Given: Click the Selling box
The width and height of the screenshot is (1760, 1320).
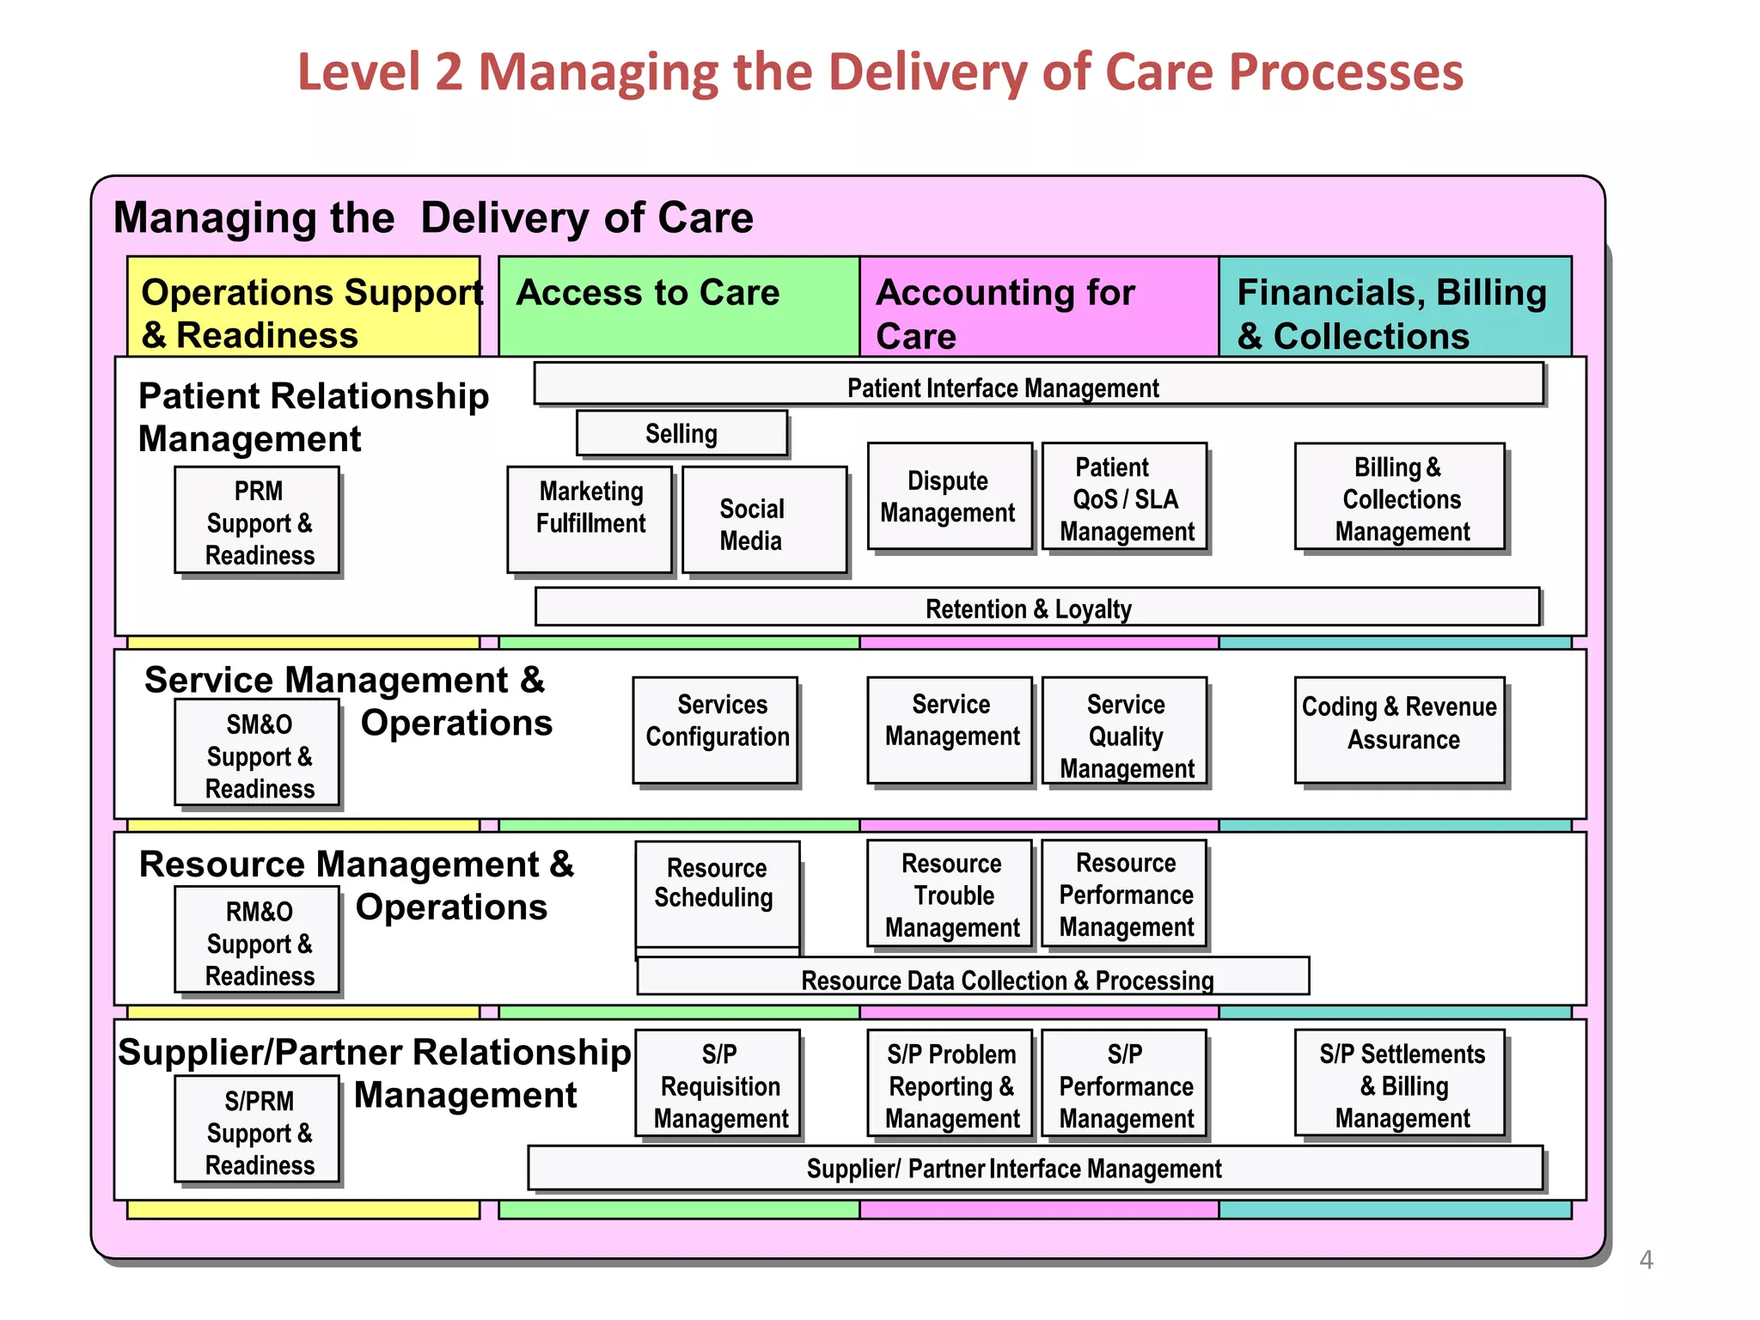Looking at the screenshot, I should click(681, 433).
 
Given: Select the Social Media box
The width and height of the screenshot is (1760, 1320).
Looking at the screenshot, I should click(764, 521).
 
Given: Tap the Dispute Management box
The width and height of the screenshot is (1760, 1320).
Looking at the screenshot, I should click(949, 497).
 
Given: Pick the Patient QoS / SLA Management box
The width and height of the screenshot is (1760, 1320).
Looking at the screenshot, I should click(1125, 498).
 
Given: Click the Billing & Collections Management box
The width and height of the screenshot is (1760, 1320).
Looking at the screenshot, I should click(1400, 498).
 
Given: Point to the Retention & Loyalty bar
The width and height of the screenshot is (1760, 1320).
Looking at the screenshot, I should click(1036, 608).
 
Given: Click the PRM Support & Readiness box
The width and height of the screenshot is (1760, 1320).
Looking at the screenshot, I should click(257, 521).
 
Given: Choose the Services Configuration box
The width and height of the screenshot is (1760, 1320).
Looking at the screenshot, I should click(715, 730).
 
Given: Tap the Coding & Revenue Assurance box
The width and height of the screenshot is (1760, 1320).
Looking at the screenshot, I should click(1400, 730).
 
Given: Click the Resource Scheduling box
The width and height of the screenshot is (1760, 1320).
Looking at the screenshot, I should click(717, 894).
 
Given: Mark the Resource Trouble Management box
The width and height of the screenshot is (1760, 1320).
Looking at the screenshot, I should click(950, 894).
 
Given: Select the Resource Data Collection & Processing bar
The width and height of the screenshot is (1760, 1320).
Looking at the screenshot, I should click(972, 977).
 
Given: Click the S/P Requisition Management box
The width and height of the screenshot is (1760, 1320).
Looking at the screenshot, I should click(718, 1084).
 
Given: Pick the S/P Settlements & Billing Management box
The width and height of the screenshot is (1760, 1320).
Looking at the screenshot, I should click(1400, 1084).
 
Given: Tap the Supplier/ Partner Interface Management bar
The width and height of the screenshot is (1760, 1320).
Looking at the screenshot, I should click(1035, 1168).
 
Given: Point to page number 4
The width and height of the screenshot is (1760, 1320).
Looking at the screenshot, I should click(1646, 1260).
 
